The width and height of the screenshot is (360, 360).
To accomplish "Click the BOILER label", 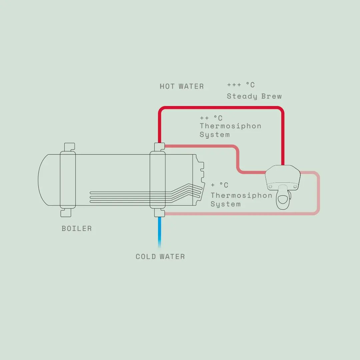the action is (77, 228).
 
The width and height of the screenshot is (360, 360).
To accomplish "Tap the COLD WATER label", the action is (160, 256).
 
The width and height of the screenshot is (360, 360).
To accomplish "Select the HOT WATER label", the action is (182, 86).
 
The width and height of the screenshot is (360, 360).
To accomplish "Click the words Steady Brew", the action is (254, 96).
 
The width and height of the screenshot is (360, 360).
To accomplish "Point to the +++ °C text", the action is (241, 85).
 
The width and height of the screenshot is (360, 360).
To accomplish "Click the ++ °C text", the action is (211, 118).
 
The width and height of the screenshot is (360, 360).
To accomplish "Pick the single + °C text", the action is (219, 185).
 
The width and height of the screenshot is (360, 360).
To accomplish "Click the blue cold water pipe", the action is (160, 232).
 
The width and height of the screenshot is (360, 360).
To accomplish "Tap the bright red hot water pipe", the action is (220, 107).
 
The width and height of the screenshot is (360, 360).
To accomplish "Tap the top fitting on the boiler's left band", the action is (69, 147).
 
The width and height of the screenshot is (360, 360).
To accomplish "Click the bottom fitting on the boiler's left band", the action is (66, 213).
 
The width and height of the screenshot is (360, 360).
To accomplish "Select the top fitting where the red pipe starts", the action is (159, 147).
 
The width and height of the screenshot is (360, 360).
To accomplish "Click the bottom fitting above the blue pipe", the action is (159, 213).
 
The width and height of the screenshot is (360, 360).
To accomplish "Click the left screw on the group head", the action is (270, 186).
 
